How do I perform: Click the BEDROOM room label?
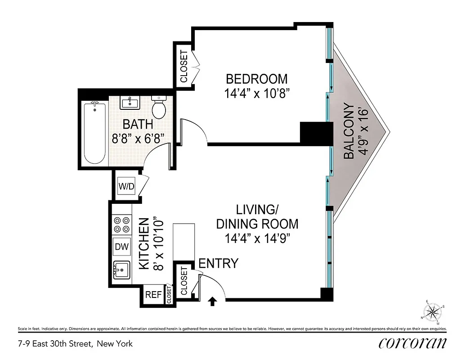[x=256, y=79]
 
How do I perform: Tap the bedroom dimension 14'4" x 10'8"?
[x=256, y=94]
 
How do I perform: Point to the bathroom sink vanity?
[x=130, y=103]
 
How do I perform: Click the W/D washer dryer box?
[x=126, y=186]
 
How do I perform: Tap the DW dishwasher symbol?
[x=121, y=246]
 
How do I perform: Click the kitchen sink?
[x=121, y=270]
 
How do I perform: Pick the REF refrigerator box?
[x=153, y=295]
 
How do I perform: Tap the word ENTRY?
[x=218, y=264]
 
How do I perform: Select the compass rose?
[x=434, y=311]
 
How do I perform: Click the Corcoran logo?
[x=412, y=343]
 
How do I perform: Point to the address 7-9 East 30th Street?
[x=75, y=344]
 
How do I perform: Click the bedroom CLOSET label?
[x=184, y=66]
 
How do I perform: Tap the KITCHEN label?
[x=144, y=243]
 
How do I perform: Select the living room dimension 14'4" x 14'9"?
[x=257, y=238]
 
